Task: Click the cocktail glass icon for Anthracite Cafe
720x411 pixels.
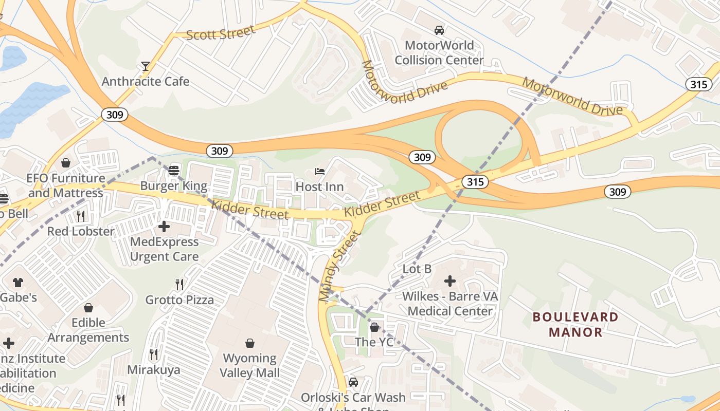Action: coord(146,66)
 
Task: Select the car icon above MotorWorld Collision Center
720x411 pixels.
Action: coord(439,30)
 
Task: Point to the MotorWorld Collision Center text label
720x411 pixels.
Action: coord(439,52)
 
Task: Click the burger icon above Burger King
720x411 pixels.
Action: coord(174,170)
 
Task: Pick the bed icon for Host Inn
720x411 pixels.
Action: coord(320,171)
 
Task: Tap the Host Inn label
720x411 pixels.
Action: coord(319,186)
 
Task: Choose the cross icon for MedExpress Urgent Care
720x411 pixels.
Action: coord(164,226)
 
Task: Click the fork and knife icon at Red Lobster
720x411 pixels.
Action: coord(81,216)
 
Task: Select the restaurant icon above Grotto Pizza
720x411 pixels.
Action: coord(179,284)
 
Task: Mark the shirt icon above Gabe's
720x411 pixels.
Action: coord(18,282)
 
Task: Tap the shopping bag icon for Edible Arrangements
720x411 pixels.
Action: coord(88,308)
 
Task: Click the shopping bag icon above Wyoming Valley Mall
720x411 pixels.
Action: coord(250,343)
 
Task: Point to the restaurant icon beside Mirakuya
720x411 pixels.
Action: coord(153,354)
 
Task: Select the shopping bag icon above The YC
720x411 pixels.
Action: coord(374,327)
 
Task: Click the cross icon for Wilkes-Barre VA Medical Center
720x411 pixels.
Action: coord(450,281)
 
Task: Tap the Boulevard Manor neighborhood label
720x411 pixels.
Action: coord(575,324)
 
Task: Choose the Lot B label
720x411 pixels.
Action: coord(417,269)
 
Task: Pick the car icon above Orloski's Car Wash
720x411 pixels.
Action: coord(353,382)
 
